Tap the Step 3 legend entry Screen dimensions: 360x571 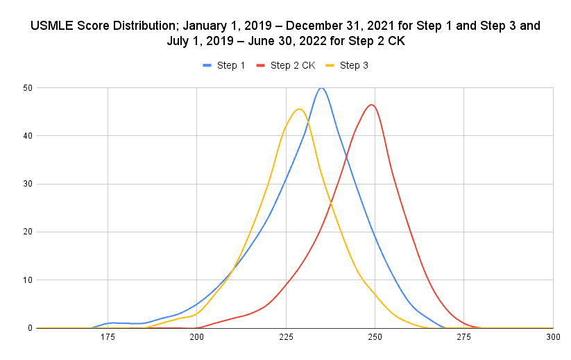(x=350, y=65)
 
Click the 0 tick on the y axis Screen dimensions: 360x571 (x=29, y=328)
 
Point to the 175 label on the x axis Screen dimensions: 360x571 (x=108, y=337)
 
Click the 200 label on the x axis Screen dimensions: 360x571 (x=196, y=337)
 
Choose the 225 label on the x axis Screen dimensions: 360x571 (x=286, y=337)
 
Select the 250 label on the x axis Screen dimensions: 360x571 (x=375, y=337)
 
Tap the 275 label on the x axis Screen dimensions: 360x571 (x=464, y=337)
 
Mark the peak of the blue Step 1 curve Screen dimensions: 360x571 (x=321, y=88)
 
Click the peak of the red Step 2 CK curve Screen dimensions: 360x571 (x=372, y=105)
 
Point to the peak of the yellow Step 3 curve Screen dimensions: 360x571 (x=299, y=109)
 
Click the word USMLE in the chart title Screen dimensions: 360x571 (x=53, y=26)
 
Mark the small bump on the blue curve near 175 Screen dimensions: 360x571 (x=111, y=323)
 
